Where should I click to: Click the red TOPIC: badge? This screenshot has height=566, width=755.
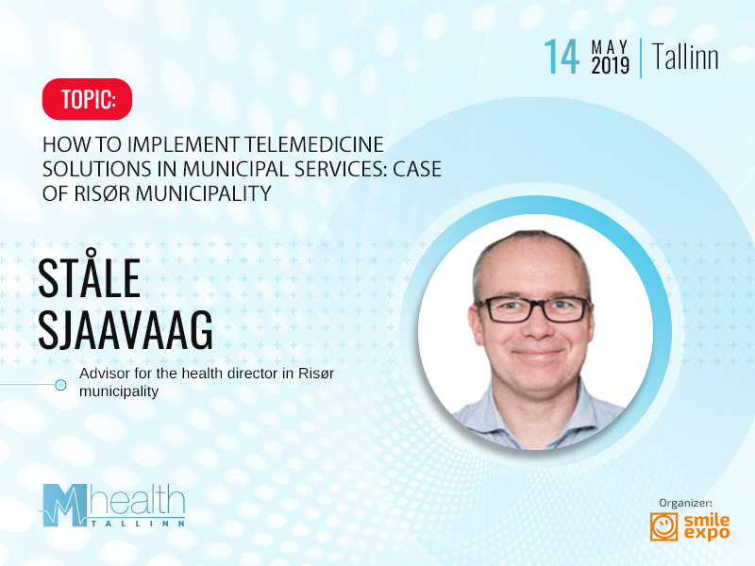(87, 99)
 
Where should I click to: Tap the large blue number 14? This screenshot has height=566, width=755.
(562, 57)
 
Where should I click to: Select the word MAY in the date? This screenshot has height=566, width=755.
(610, 47)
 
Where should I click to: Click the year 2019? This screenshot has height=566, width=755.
(610, 66)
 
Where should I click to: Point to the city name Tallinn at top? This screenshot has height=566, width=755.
(685, 57)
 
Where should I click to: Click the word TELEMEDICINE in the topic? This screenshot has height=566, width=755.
(314, 144)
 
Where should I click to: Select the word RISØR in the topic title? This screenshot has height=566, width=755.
(102, 193)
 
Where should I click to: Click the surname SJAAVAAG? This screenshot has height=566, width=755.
(126, 329)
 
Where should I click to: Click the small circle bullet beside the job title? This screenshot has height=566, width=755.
(60, 385)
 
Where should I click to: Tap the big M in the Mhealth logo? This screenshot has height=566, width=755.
(64, 505)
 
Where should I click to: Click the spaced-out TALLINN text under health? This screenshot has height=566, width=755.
(138, 524)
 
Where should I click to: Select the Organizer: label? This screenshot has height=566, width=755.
(685, 503)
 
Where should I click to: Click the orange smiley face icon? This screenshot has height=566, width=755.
(664, 526)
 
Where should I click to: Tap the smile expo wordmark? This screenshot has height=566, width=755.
(706, 527)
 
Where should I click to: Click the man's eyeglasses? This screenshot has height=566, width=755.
(532, 308)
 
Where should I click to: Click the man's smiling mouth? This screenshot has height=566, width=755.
(537, 354)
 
